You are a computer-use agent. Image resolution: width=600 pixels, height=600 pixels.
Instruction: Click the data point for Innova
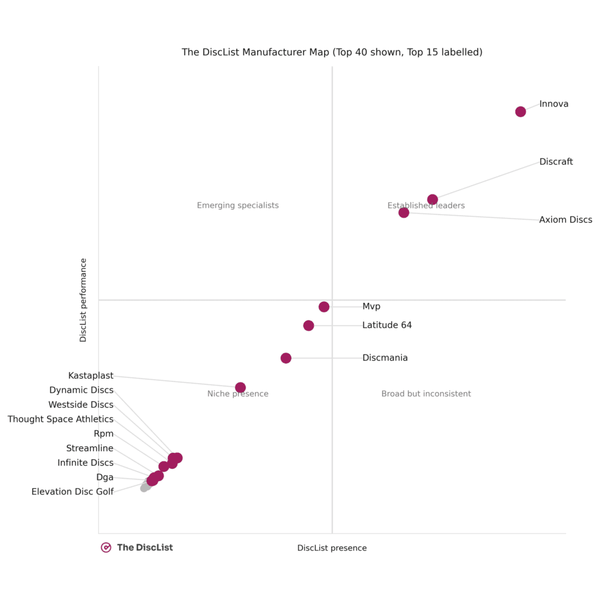(520, 112)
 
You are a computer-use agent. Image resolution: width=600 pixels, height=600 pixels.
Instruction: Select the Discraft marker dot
(432, 200)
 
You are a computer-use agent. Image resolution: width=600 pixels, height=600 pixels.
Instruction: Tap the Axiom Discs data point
(404, 213)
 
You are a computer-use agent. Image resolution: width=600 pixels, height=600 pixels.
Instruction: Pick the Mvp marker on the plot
(324, 307)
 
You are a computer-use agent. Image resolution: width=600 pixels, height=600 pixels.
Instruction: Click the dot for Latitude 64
(309, 326)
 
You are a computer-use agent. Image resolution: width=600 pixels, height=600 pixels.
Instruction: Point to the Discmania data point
(286, 358)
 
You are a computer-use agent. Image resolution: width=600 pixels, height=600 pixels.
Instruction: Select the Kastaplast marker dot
(240, 387)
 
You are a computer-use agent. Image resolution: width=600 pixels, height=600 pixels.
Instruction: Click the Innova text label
(554, 104)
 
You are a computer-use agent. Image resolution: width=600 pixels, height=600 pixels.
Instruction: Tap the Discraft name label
(556, 162)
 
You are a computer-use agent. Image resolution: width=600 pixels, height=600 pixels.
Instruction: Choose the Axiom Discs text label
(565, 220)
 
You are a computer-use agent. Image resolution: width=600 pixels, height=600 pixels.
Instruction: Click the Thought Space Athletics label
(60, 420)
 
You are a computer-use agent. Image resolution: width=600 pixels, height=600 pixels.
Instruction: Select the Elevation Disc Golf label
(73, 492)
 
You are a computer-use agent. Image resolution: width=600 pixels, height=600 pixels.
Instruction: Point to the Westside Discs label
(81, 405)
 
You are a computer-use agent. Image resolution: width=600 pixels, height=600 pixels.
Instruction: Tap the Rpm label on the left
(104, 434)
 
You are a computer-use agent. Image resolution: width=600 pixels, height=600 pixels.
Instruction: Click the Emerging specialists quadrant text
(238, 206)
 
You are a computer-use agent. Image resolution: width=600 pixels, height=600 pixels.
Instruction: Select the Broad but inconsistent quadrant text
(426, 394)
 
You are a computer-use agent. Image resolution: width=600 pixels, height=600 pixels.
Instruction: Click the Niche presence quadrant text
(238, 394)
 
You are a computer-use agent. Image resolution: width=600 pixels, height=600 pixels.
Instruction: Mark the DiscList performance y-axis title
(83, 300)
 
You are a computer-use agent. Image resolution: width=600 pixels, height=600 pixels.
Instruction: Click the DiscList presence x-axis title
(332, 548)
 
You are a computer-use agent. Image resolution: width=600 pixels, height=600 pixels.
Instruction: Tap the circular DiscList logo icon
(106, 547)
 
